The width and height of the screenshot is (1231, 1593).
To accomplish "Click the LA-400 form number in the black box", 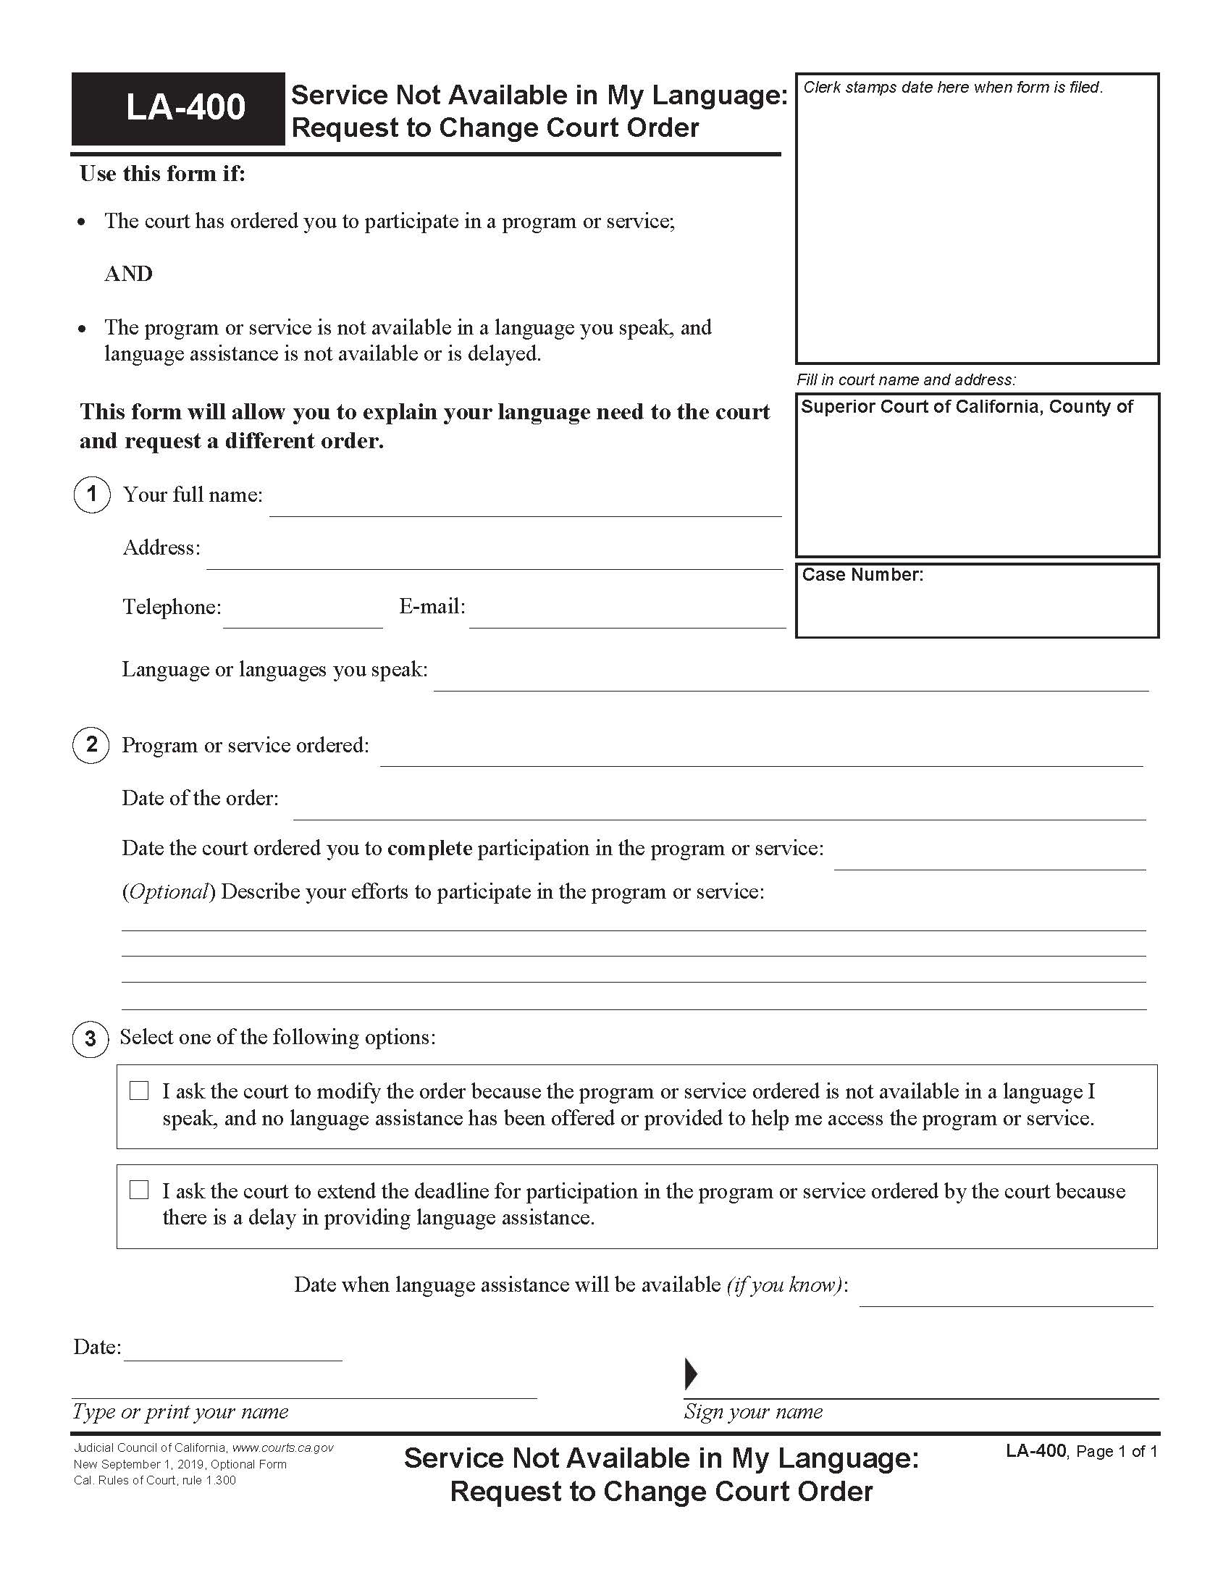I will point(185,108).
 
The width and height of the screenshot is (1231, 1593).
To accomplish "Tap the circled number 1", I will point(91,495).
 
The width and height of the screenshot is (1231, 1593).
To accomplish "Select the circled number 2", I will point(91,744).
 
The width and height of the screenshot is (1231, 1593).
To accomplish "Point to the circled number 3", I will point(91,1038).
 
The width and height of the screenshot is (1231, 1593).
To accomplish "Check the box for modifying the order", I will point(138,1090).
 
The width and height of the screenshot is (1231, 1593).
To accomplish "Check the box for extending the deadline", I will point(138,1190).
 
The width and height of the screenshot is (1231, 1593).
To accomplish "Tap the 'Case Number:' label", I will point(862,575).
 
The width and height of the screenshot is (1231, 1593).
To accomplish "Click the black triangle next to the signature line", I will point(690,1374).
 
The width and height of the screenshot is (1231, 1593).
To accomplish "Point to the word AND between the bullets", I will point(128,274).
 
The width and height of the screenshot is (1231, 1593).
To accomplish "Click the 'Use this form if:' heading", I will point(163,174).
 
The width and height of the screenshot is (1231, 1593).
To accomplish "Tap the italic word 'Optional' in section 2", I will point(169,891).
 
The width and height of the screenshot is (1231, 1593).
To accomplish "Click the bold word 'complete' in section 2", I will point(429,849).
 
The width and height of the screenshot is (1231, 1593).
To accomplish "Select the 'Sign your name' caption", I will point(752,1411).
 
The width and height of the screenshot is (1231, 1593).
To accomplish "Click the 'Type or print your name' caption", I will point(180,1411).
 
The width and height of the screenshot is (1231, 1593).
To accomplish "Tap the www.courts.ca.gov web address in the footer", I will point(283,1448).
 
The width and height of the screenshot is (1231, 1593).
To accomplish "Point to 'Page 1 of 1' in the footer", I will point(1116,1452).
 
